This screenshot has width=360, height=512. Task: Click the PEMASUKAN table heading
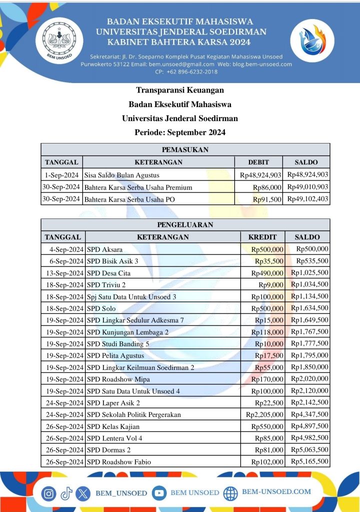click(x=185, y=149)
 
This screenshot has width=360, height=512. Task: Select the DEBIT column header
click(x=258, y=162)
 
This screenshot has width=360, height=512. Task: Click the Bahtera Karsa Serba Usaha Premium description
click(x=138, y=187)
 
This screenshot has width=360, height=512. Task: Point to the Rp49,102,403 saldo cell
click(x=307, y=199)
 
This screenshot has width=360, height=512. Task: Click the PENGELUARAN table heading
click(x=185, y=225)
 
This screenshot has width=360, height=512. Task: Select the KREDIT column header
click(x=262, y=237)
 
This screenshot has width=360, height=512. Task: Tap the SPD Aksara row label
click(x=105, y=249)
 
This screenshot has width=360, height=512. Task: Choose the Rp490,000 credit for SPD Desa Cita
click(x=267, y=273)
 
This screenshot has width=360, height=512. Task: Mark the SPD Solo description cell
click(x=101, y=308)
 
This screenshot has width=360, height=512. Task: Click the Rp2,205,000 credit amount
click(x=264, y=414)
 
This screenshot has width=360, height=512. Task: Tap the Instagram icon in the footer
click(x=48, y=493)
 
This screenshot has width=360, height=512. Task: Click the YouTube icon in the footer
click(x=159, y=492)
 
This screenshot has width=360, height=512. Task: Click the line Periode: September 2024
click(x=180, y=132)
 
